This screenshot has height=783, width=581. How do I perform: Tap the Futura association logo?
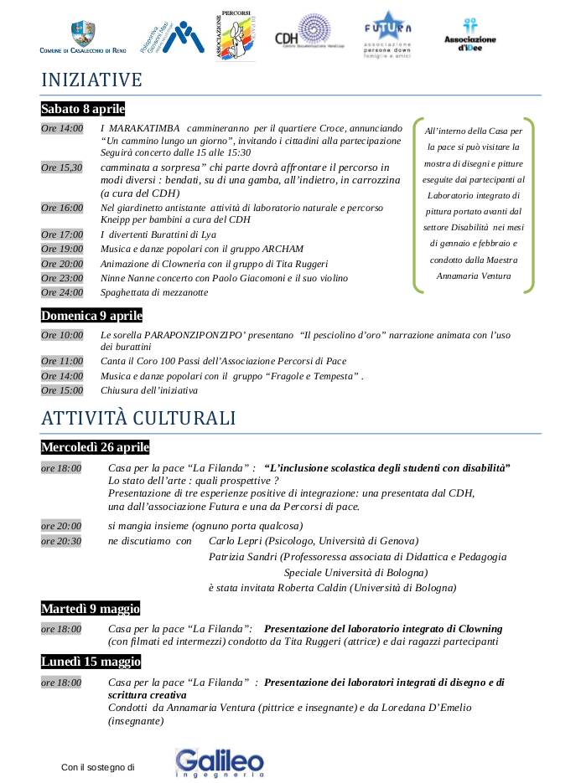tap(387, 34)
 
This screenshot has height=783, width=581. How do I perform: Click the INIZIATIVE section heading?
tap(91, 80)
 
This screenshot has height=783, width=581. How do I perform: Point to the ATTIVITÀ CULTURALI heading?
tap(138, 418)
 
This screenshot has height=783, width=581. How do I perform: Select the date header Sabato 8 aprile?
tap(83, 109)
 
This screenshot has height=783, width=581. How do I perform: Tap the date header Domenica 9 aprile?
tap(91, 316)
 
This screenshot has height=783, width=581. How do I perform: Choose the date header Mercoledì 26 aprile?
tap(95, 447)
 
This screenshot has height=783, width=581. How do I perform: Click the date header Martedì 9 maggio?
tap(91, 609)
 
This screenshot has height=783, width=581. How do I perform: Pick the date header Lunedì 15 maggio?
tap(91, 662)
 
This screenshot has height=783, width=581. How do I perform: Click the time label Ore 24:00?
tap(62, 292)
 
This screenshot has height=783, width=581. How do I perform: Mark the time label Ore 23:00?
tap(62, 278)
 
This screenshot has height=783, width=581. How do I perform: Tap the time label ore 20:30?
tap(61, 541)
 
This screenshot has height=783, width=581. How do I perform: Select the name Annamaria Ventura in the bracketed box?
tap(473, 275)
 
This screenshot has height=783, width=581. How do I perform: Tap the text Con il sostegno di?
tap(98, 767)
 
